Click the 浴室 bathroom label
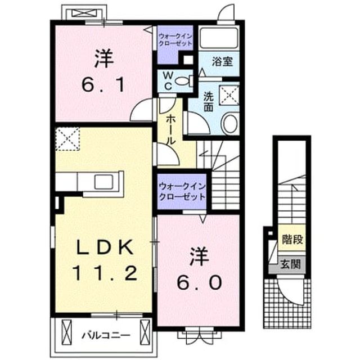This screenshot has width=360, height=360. [222, 61]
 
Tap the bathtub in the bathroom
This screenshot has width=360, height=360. [219, 38]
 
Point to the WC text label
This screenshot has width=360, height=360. [169, 81]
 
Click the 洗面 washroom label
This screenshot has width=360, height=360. [209, 102]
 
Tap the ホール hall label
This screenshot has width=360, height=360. [170, 130]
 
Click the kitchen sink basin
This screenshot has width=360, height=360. [104, 182]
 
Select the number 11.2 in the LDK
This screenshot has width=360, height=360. [105, 273]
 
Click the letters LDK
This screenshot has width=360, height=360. [105, 247]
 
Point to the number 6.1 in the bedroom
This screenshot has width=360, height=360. [103, 84]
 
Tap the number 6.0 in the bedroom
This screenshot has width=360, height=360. [199, 282]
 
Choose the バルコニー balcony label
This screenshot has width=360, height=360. [106, 335]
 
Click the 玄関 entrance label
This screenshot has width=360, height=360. [291, 264]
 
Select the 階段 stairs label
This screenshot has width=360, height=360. [292, 240]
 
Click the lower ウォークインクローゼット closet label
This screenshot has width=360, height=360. [182, 191]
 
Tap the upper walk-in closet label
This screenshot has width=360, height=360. [175, 40]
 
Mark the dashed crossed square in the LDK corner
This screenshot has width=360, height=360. [67, 139]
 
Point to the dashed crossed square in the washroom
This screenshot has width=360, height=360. [229, 95]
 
